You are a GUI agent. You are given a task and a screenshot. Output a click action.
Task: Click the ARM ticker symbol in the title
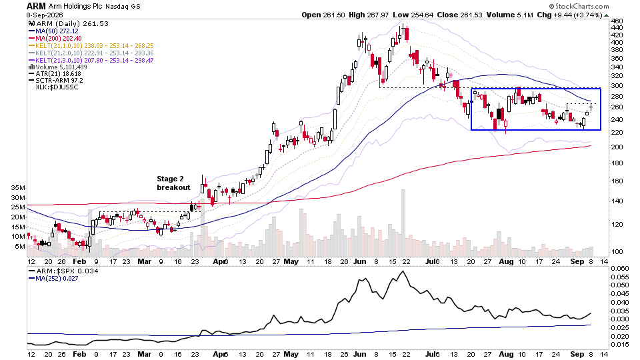point(36,6)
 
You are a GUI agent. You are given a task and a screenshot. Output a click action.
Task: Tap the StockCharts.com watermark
point(579,6)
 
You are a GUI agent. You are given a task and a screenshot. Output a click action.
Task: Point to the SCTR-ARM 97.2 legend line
point(56,81)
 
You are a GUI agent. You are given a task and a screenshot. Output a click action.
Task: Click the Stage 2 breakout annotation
point(173,183)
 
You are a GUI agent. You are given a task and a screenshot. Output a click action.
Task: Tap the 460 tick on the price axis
point(617,21)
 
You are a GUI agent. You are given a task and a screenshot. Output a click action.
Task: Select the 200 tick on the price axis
point(617,147)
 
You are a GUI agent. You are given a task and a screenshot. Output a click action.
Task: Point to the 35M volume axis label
point(19,188)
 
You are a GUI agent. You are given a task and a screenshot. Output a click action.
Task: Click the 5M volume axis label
point(20,247)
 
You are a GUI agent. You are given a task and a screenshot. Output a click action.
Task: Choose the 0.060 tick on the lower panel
point(621,268)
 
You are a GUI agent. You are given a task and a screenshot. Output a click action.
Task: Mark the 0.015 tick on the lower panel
point(621,345)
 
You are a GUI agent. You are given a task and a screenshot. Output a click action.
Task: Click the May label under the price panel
point(291,261)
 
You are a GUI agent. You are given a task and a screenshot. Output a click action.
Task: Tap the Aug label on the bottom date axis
point(506,354)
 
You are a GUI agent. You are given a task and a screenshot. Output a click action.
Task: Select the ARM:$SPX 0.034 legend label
point(64,271)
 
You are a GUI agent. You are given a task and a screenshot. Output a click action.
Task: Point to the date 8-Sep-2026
point(45,15)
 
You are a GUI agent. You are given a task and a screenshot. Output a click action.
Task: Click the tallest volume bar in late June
point(403,223)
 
